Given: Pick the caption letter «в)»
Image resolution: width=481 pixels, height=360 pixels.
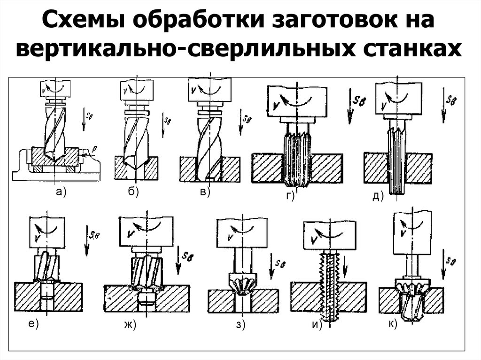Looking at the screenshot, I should (204, 191).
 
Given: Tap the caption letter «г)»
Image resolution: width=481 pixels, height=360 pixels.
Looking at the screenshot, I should (289, 196).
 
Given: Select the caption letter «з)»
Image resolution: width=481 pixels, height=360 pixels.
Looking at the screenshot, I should (241, 325).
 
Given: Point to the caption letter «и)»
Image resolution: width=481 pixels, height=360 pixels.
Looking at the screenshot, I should (318, 325).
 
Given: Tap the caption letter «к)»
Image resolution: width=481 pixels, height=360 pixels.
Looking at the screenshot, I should (393, 323).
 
